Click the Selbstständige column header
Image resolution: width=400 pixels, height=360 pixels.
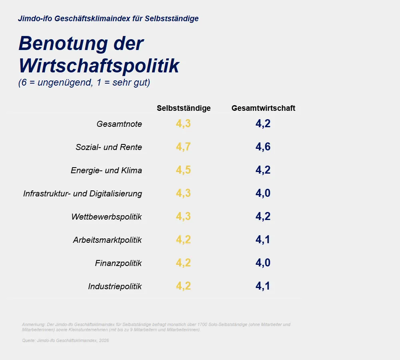click(184, 108)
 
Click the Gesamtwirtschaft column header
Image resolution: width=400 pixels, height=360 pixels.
click(263, 108)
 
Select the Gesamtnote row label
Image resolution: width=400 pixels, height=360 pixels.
click(119, 124)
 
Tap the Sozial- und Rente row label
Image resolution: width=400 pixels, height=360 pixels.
click(109, 147)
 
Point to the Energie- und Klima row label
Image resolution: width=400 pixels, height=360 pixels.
click(106, 170)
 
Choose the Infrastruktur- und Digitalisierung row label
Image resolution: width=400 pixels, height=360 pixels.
click(83, 194)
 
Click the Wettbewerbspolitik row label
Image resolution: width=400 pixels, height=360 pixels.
click(107, 217)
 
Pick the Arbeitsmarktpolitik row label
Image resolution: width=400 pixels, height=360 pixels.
click(107, 240)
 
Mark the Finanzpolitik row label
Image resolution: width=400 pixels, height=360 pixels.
click(118, 263)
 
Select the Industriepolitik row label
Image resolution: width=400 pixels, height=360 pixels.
click(115, 286)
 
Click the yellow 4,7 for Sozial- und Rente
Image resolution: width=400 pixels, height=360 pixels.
click(183, 147)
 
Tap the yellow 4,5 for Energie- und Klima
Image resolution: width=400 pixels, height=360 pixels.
click(183, 170)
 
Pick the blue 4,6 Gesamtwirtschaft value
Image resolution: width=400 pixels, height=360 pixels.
click(263, 147)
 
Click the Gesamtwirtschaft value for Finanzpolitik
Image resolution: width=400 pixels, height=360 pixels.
click(263, 263)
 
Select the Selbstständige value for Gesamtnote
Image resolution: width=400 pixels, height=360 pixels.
click(183, 124)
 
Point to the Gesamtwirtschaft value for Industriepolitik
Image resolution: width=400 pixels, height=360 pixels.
click(263, 286)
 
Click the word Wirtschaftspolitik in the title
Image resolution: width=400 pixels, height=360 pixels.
click(99, 66)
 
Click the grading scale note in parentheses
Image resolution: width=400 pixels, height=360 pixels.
click(84, 83)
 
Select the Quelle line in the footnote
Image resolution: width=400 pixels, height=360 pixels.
click(66, 340)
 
